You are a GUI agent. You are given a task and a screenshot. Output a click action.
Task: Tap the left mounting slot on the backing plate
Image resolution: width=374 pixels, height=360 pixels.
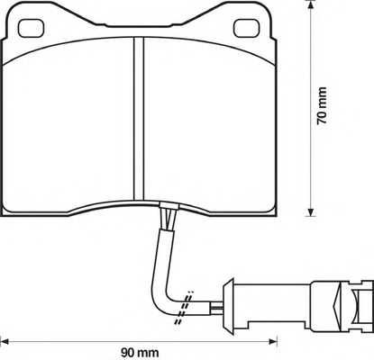30,27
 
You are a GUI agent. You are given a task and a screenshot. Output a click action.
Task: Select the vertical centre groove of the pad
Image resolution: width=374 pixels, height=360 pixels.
138,126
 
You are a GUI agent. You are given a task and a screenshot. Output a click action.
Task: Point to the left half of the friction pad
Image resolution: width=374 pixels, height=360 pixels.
72,126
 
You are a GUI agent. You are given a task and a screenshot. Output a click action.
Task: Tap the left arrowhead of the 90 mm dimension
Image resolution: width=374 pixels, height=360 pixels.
5,341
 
